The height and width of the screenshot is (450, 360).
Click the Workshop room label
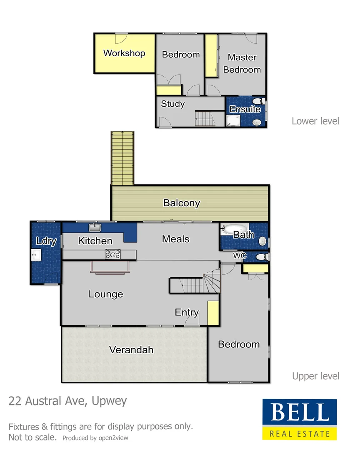pos(124,53)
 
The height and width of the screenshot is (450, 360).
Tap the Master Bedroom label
pos(242,64)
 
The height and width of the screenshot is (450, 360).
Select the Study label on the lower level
pos(172,104)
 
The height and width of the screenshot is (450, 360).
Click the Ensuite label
pos(245,110)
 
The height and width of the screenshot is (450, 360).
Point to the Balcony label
pos(182,203)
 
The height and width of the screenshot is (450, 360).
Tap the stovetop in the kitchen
pos(112,254)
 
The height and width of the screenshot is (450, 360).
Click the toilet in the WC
pos(261,257)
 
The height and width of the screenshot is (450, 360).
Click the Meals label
pos(176,239)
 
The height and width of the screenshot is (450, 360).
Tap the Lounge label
pos(106,294)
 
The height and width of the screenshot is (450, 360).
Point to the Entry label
pos(187,312)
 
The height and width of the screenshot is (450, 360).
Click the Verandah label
pos(131,350)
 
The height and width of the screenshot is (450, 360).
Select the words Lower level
pos(315,121)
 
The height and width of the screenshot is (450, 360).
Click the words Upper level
pos(315,376)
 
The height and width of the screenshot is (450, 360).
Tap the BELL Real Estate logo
pos(299,419)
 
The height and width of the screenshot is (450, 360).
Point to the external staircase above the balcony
pos(122,157)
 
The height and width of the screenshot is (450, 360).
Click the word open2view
pos(114,438)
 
